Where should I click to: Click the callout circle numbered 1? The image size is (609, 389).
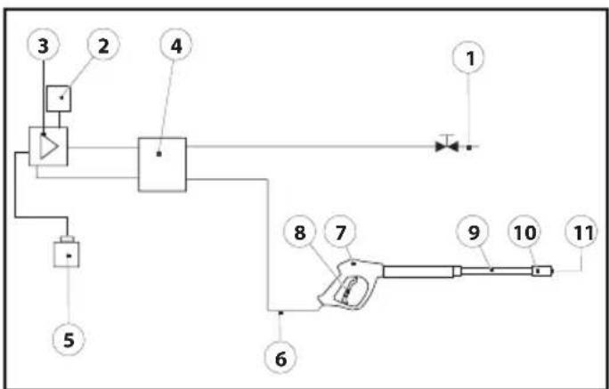[469, 58]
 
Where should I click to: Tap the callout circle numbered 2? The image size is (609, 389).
[103, 45]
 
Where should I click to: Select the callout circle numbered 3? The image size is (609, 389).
[43, 45]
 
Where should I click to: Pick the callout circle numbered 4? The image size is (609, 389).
[176, 45]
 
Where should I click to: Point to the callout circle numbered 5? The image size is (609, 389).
[69, 340]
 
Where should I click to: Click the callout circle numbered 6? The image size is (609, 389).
[280, 359]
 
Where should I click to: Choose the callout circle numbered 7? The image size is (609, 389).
[340, 232]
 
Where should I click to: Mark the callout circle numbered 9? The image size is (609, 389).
[472, 231]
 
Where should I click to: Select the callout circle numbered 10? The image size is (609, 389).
[524, 231]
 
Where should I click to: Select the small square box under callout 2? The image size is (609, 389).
[59, 99]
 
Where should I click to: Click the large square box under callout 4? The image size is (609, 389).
[162, 165]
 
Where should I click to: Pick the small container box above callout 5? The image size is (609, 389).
[67, 255]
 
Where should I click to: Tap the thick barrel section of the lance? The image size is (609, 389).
[418, 271]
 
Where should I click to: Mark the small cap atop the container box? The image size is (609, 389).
[67, 239]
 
